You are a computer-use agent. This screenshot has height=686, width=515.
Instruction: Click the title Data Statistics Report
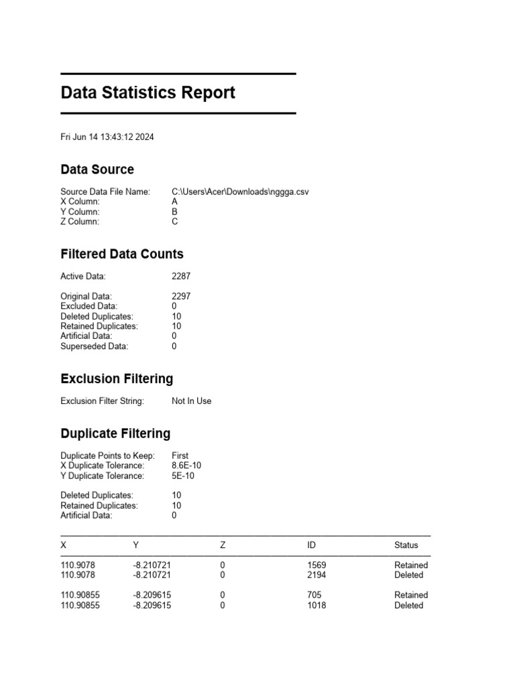click(148, 92)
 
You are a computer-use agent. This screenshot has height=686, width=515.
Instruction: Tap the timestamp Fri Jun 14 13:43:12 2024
click(107, 137)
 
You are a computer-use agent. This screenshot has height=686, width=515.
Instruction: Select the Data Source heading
click(97, 169)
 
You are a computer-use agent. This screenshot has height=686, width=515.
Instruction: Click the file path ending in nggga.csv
click(240, 192)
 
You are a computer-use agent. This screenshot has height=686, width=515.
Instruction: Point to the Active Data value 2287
click(181, 276)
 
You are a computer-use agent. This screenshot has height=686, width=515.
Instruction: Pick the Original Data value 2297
click(181, 296)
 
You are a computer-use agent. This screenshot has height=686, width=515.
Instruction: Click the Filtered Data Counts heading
click(121, 254)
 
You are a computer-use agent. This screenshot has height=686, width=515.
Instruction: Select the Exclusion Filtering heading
click(117, 379)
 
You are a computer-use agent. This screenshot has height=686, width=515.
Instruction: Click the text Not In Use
click(191, 401)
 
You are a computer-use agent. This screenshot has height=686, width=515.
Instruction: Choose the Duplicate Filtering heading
click(115, 433)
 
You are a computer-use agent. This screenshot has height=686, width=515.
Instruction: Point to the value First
click(180, 456)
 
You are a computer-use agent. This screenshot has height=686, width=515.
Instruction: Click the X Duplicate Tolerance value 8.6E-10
click(186, 466)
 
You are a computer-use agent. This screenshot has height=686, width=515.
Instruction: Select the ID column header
click(312, 545)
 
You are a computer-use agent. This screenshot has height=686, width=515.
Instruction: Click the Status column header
click(406, 545)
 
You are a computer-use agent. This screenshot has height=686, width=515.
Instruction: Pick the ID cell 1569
click(317, 565)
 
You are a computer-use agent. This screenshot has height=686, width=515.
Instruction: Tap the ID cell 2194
click(317, 575)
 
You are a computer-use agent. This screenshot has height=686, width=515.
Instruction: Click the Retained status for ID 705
click(410, 595)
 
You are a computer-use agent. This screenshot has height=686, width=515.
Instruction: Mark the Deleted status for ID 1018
click(408, 605)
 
